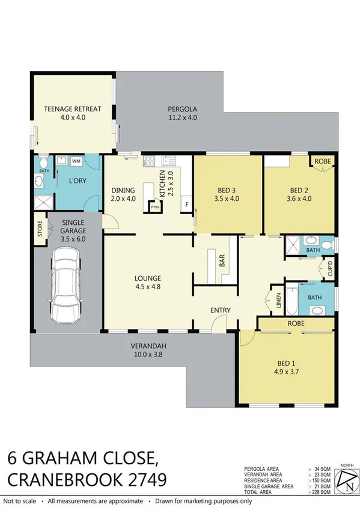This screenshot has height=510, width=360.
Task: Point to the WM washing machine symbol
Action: pos(76,161)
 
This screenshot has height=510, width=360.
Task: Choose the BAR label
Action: pos(222,260)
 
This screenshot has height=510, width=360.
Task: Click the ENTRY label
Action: pos(220,310)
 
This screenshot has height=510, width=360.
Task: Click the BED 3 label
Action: pos(227,195)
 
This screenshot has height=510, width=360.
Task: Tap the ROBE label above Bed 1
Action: pos(295,324)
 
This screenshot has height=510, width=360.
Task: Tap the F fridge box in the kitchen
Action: pos(186,205)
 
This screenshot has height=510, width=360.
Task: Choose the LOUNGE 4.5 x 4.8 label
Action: pos(148,282)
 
